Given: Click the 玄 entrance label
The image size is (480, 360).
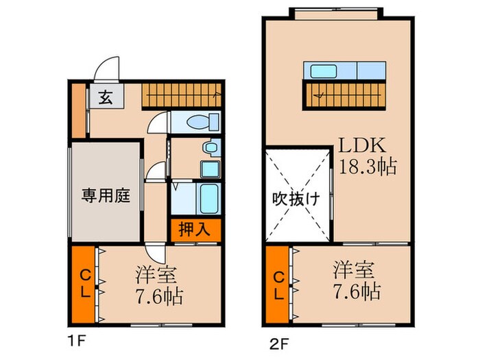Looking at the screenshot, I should point(106,97).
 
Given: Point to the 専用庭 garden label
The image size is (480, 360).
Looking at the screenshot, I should point(106,193).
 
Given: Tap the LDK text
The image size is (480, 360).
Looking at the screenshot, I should point(362,146).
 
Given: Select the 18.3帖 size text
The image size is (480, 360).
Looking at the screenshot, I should point(368,167).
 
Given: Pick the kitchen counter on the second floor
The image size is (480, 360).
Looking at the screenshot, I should point(344,71).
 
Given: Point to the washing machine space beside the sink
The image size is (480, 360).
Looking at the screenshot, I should point(208,168).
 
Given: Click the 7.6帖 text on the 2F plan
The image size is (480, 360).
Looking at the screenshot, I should point(357,291).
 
